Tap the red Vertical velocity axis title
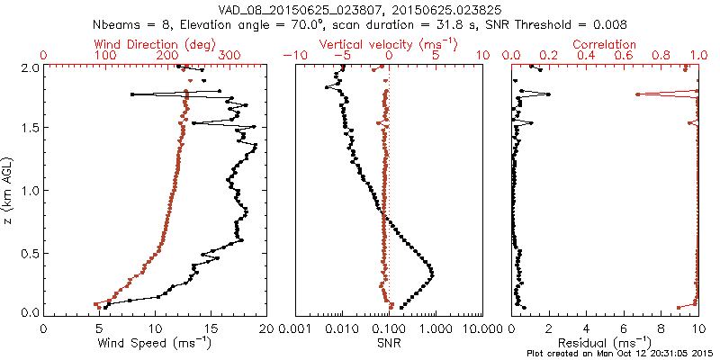point(389,44)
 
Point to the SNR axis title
point(389,342)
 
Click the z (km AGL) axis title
point(8,190)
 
